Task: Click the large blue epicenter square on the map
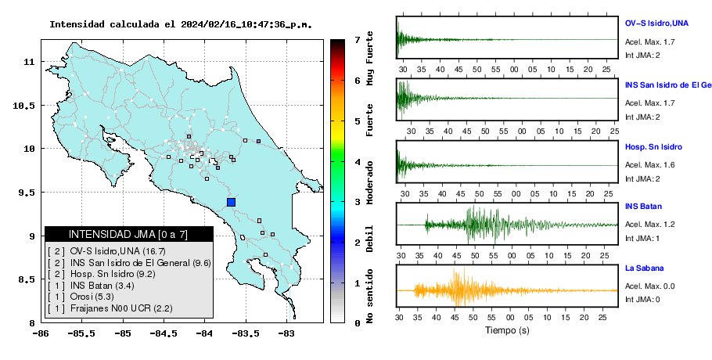point(231,202)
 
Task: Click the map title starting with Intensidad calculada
point(181,24)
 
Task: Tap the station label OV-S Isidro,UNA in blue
point(656,23)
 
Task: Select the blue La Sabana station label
point(645,268)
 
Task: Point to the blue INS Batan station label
point(643,206)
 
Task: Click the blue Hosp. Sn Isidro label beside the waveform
point(653,147)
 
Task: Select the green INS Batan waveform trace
point(507,225)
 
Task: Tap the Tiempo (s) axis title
point(507,330)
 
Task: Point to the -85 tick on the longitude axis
point(122,334)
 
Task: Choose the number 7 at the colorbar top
point(358,40)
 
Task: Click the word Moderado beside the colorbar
point(370,183)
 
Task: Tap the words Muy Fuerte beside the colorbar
point(370,58)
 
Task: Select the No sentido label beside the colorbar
point(370,296)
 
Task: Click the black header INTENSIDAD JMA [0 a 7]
point(128,235)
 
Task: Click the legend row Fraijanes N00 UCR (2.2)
point(110,308)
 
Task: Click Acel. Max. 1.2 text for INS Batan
point(649,225)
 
